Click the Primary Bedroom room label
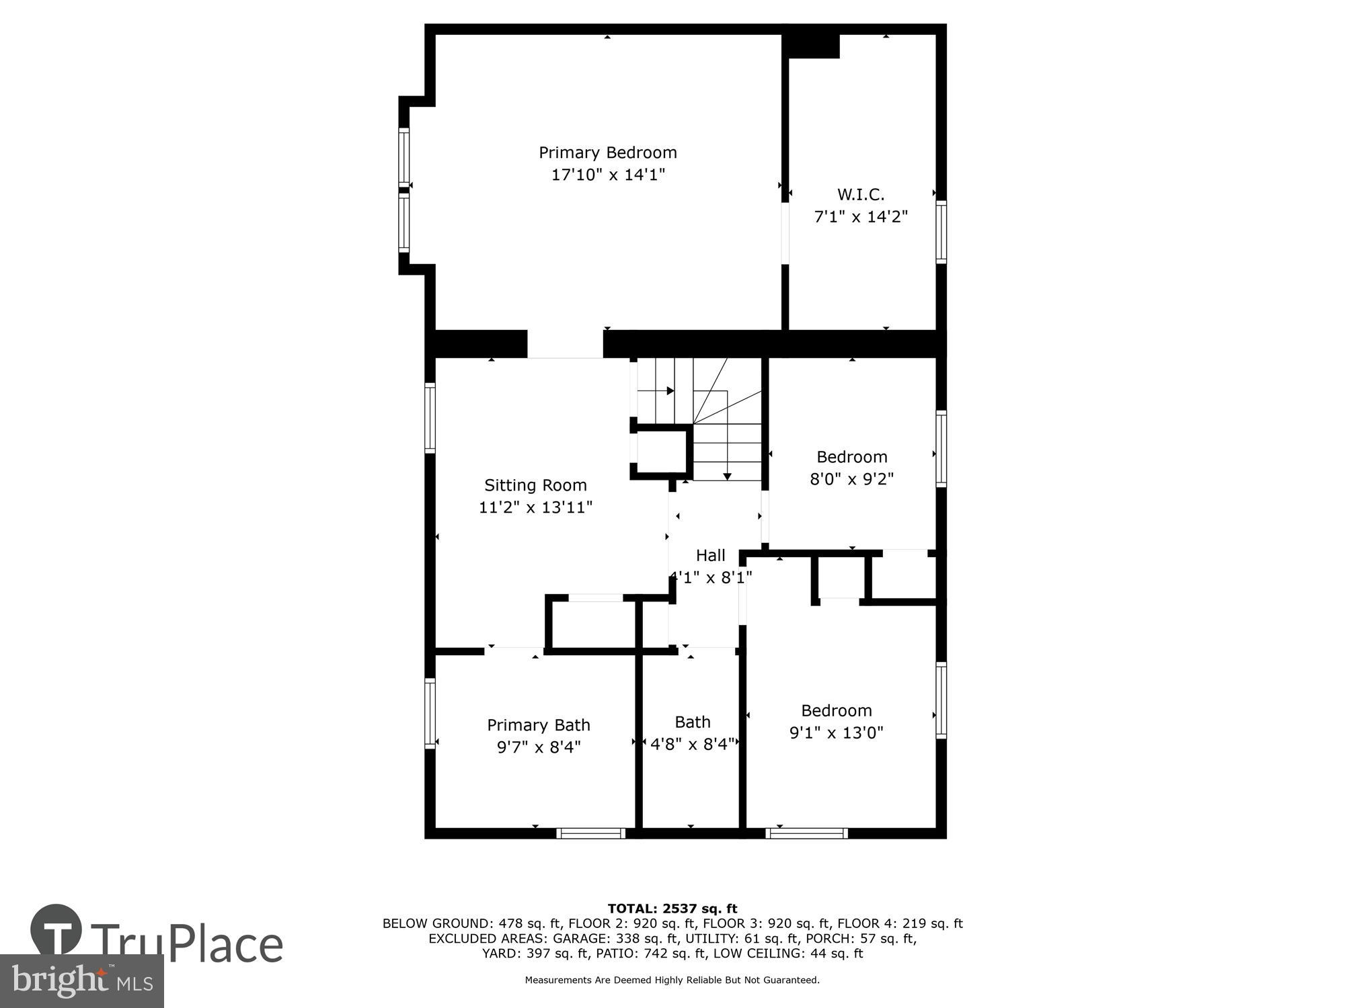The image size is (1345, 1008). click(x=607, y=153)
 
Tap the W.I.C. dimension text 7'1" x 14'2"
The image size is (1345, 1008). click(x=861, y=217)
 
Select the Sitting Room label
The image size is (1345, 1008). click(x=535, y=485)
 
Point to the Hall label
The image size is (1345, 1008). click(x=710, y=555)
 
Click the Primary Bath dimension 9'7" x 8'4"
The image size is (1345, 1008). click(x=539, y=747)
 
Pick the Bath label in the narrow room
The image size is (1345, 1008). click(x=693, y=722)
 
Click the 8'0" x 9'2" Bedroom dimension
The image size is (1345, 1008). click(x=851, y=479)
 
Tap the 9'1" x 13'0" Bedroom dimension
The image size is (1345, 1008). click(x=836, y=732)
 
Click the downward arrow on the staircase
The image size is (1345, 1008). click(x=727, y=476)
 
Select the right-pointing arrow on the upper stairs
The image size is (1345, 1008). click(x=670, y=390)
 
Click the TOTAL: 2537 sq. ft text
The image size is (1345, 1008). click(x=672, y=909)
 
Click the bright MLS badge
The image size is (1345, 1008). click(x=81, y=981)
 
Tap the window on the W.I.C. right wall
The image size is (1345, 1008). click(x=941, y=232)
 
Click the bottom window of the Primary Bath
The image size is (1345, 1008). click(x=591, y=833)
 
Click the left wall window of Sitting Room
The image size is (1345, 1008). click(x=430, y=417)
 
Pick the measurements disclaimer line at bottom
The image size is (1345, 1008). click(x=672, y=980)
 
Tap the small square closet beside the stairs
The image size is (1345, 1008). click(x=660, y=451)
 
